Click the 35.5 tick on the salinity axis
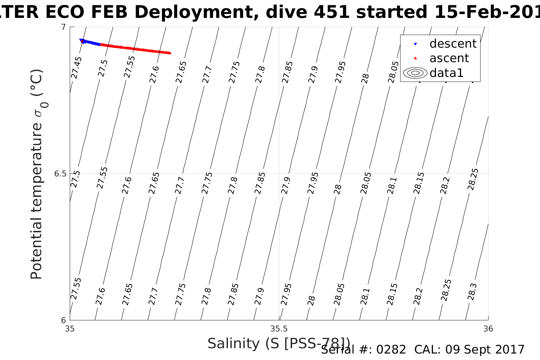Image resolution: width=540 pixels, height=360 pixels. (279, 328)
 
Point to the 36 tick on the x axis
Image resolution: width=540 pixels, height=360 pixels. (488, 328)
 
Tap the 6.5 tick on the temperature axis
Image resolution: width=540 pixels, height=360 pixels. (60, 174)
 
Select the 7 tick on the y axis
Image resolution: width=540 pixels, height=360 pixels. (63, 27)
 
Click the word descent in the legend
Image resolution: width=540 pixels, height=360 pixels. (453, 44)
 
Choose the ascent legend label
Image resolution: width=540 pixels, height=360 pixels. (449, 58)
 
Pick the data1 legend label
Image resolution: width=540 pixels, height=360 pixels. (446, 73)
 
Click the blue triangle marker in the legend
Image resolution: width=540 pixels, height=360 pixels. (415, 44)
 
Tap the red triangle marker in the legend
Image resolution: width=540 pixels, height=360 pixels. (415, 58)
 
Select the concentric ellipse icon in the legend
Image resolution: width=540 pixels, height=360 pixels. (415, 73)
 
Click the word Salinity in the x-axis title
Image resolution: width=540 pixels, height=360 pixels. (233, 344)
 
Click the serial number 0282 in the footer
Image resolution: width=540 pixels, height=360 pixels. (391, 350)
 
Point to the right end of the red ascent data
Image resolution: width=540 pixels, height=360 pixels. (170, 53)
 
